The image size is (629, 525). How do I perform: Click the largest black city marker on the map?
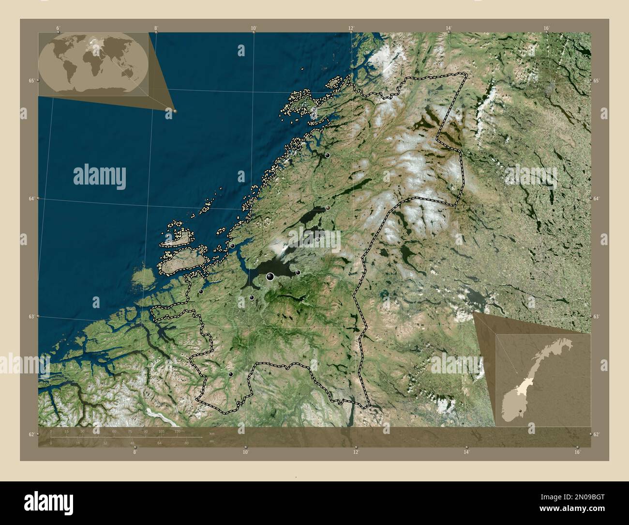[x=270, y=277]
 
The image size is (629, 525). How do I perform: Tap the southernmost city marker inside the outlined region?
[x=231, y=374]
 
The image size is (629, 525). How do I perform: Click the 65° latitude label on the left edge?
[x=30, y=81]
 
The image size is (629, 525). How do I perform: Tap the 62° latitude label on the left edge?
[x=30, y=434]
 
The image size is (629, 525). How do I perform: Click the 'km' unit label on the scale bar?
[x=211, y=432]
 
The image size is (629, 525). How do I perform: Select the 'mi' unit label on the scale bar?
[x=211, y=441]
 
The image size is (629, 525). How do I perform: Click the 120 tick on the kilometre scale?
[x=177, y=431]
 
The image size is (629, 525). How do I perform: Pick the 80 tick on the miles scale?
[x=186, y=443]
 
